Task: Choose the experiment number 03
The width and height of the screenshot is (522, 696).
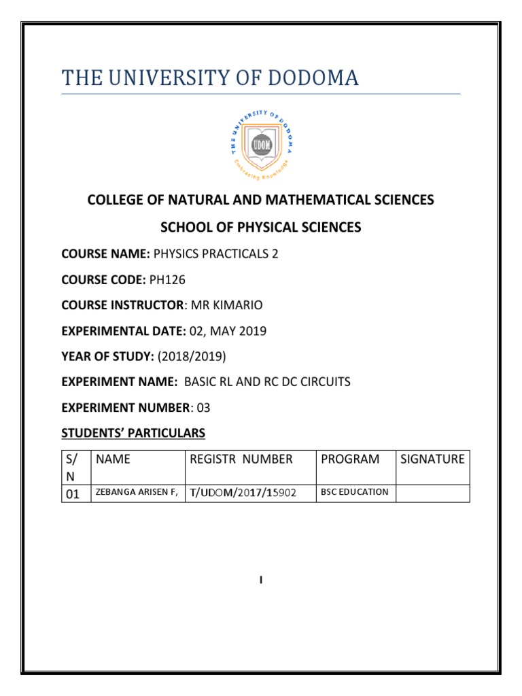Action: coord(204,407)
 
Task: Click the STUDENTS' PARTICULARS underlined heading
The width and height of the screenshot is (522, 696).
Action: coord(133,433)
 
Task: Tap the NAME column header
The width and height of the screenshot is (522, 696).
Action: coord(114,459)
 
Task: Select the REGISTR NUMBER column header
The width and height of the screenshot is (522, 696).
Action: coord(241,459)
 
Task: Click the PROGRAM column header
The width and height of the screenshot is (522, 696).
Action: coord(350,459)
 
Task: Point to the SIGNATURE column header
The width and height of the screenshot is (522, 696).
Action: coord(432,459)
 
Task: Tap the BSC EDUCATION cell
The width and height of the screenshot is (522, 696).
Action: coord(354,492)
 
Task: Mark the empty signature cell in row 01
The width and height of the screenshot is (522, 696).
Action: coord(432,493)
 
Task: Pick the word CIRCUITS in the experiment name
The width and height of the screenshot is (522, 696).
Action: coord(328,382)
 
